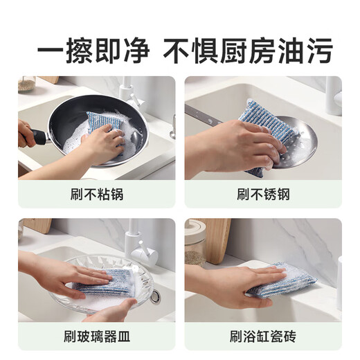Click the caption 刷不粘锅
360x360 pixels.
[x=96, y=194]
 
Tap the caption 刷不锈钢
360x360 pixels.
[x=263, y=194]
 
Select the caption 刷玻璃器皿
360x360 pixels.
[x=96, y=337]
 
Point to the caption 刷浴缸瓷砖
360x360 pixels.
[x=263, y=337]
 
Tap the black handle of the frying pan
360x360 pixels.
[x=38, y=137]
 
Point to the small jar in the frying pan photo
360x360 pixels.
[x=26, y=84]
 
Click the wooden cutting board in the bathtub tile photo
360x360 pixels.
[x=217, y=239]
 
